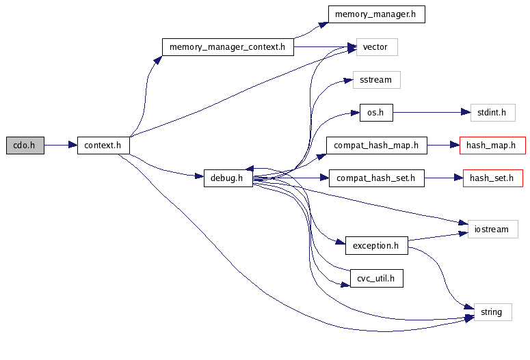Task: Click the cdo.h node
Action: point(25,145)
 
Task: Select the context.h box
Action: point(103,145)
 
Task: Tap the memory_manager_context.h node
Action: point(228,47)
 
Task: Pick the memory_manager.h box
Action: point(376,14)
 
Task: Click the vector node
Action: point(375,47)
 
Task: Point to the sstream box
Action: point(375,80)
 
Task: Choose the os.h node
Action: point(376,113)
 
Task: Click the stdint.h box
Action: point(492,113)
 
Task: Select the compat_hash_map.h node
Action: point(376,146)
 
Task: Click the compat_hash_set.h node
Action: point(376,178)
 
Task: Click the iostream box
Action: point(492,229)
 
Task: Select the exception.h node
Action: point(376,245)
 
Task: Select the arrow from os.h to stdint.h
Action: point(432,113)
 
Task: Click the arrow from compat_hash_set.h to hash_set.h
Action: point(443,178)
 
